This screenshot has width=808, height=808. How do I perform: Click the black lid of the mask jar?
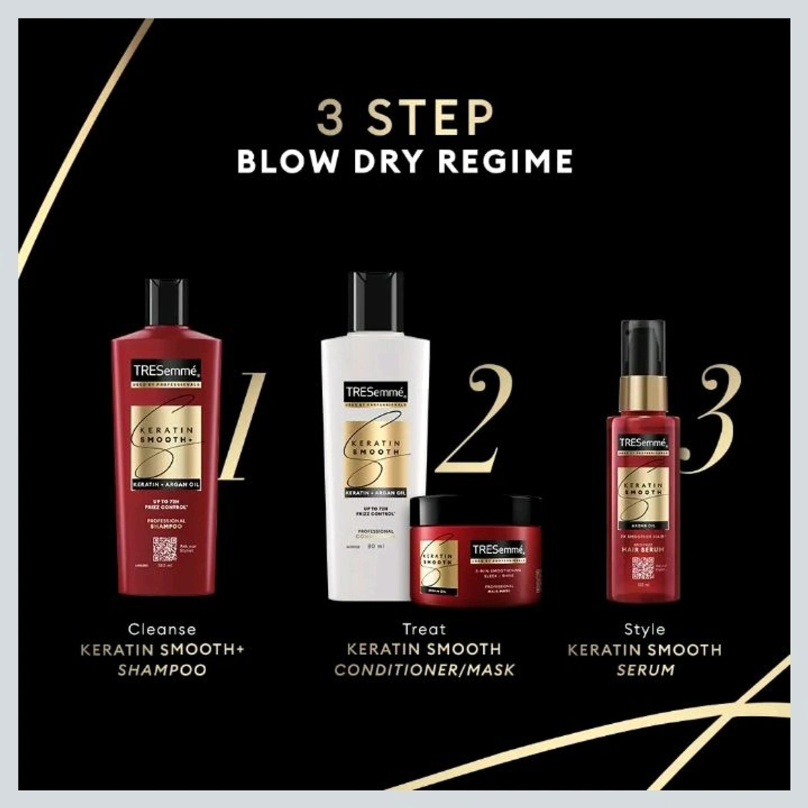[x=475, y=508]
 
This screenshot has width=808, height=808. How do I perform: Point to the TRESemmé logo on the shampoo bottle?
[x=166, y=370]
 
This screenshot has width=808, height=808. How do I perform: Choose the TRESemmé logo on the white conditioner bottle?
[x=375, y=392]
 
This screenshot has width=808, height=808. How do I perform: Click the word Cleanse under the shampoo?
[x=162, y=630]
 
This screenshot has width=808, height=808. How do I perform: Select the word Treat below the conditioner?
[x=424, y=630]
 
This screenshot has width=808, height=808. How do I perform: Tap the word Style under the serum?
[x=644, y=630]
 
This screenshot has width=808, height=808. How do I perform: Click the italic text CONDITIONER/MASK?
[x=424, y=670]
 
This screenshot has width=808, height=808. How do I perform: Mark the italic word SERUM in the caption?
[x=644, y=670]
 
